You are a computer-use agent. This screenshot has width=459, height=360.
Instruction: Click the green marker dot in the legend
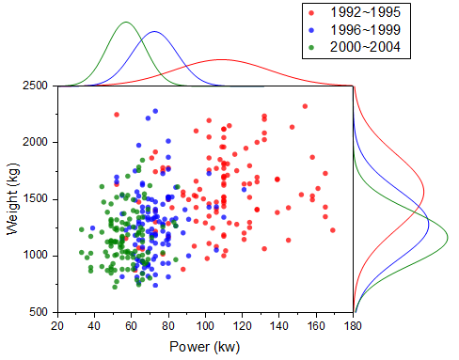click(311, 46)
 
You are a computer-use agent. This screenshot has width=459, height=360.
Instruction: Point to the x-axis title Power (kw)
click(205, 346)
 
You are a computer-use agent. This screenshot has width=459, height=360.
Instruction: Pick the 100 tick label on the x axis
click(204, 325)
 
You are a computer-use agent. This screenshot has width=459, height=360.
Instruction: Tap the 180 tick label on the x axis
click(353, 325)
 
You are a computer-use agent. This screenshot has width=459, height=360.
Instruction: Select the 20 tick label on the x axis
click(56, 325)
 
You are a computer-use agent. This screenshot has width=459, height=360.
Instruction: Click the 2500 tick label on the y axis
click(36, 86)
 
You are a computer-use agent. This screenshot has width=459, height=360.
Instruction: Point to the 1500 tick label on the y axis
click(36, 199)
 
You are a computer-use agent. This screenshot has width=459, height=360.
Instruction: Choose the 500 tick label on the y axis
click(40, 312)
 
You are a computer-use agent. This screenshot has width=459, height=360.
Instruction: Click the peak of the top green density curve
click(126, 23)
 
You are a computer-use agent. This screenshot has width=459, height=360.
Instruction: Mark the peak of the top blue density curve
click(155, 32)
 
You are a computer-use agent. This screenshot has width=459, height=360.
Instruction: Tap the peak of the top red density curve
click(220, 60)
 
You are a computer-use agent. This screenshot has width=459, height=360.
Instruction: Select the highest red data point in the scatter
click(305, 106)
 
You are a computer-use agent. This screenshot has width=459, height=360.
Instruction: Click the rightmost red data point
click(333, 229)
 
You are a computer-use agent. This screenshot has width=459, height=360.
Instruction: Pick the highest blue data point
click(156, 112)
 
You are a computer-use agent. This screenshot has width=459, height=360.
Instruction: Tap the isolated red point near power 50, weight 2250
click(117, 115)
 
